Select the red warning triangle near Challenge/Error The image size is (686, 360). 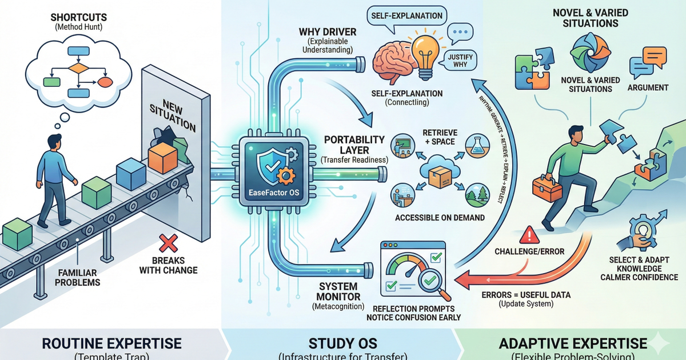tap(531, 234)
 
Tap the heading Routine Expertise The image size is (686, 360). tap(112, 343)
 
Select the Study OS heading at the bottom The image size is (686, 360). tap(342, 343)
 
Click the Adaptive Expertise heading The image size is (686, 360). tap(573, 343)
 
